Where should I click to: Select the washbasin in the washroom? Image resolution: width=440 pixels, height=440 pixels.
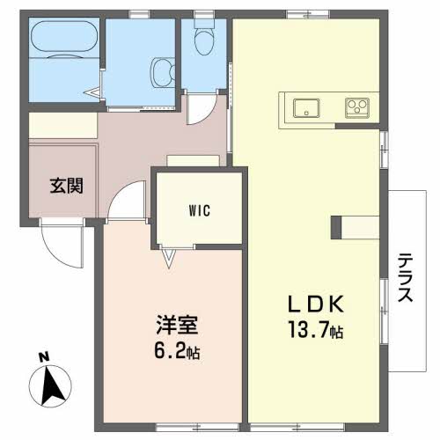pyautogui.click(x=163, y=72)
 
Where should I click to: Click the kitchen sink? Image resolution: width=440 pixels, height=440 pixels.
pyautogui.click(x=306, y=108)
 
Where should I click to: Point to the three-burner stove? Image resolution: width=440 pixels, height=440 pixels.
pyautogui.click(x=357, y=107)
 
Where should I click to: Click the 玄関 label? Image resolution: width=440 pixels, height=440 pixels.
pyautogui.click(x=67, y=186)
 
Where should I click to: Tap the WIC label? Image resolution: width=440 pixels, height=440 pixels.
pyautogui.click(x=200, y=210)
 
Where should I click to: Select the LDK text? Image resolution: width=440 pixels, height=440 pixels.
pyautogui.click(x=316, y=304)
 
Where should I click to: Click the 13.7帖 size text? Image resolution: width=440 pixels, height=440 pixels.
pyautogui.click(x=316, y=330)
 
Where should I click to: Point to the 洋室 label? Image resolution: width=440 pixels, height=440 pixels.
pyautogui.click(x=177, y=325)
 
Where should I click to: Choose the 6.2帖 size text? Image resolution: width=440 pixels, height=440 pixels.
pyautogui.click(x=177, y=351)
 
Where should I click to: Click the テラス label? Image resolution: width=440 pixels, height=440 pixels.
pyautogui.click(x=406, y=277)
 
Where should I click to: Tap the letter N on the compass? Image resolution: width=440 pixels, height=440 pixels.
pyautogui.click(x=44, y=357)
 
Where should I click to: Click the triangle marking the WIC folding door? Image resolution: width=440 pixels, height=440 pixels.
pyautogui.click(x=169, y=258)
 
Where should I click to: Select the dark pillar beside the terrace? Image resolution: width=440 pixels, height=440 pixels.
pyautogui.click(x=336, y=227)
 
